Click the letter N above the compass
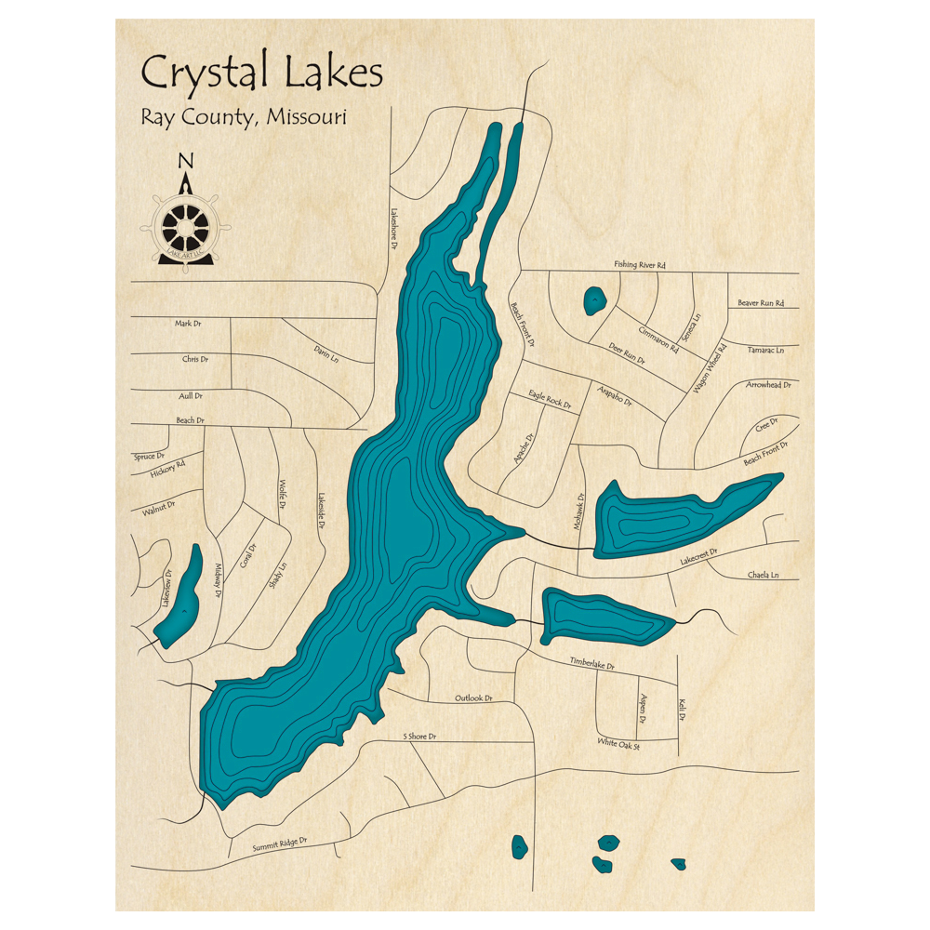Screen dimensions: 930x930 pyautogui.click(x=185, y=161)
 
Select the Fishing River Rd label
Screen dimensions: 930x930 pyautogui.click(x=640, y=266)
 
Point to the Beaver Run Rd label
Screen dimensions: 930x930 pyautogui.click(x=761, y=303)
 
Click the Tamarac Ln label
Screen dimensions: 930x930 pyautogui.click(x=766, y=351)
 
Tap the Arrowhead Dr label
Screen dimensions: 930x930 pyautogui.click(x=767, y=384)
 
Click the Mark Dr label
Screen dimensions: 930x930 pyautogui.click(x=188, y=324)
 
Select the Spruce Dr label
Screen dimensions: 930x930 pyautogui.click(x=149, y=457)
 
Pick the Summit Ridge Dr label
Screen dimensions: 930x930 pyautogui.click(x=279, y=845)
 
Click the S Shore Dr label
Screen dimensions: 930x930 pyautogui.click(x=419, y=737)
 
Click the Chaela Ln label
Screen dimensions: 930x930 pyautogui.click(x=763, y=576)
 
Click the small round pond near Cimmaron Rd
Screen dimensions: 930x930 pyautogui.click(x=593, y=300)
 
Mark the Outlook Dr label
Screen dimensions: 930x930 pyautogui.click(x=472, y=698)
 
